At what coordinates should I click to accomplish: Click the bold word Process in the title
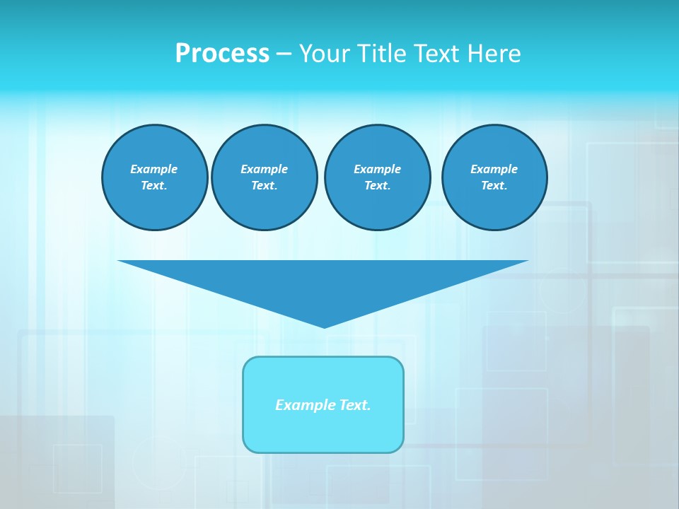[222, 54]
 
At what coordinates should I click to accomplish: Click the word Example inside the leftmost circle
[154, 169]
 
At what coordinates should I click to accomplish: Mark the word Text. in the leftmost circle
[154, 186]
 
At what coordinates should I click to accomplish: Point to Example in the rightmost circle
[494, 169]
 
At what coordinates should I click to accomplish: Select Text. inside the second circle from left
[264, 186]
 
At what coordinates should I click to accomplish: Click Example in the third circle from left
[377, 169]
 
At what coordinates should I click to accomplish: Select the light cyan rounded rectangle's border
[244, 404]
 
